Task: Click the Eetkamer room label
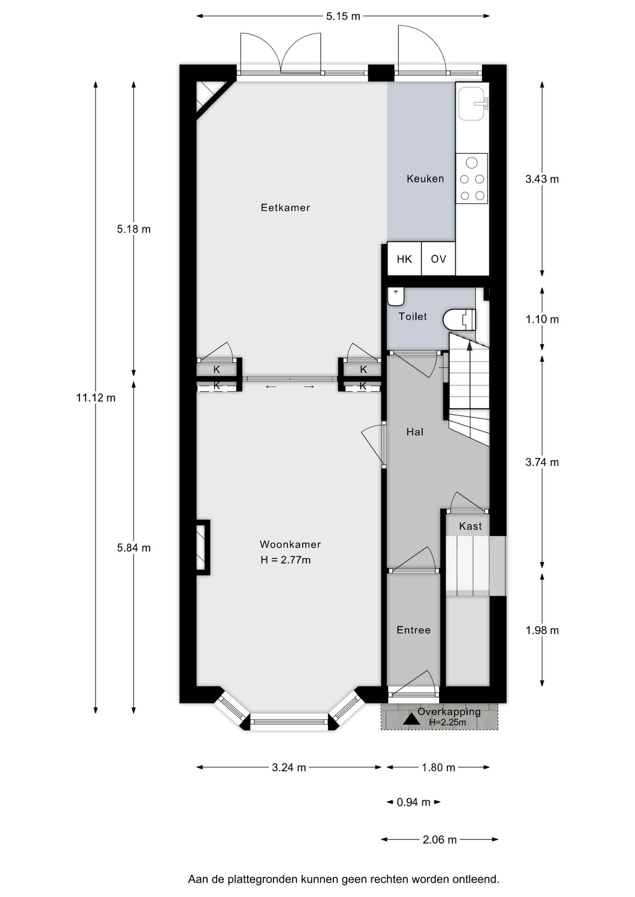pos(285,207)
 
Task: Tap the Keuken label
pos(425,178)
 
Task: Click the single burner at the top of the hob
pos(472,163)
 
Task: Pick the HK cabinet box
pos(404,259)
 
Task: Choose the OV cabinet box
pos(438,259)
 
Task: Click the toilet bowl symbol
pos(458,320)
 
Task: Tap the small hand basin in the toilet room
pos(396,296)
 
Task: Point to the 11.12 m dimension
pos(96,398)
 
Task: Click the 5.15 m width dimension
pos(343,16)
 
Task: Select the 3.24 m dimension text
pos(289,768)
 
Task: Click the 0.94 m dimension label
pos(413,803)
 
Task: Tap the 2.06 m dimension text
pos(440,840)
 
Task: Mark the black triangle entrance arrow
pos(411,719)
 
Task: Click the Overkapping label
pos(449,712)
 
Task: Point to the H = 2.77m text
pos(285,560)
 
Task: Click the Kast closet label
pos(470,527)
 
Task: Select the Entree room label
pos(413,630)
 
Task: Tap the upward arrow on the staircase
pos(469,345)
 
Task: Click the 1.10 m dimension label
pos(542,320)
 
